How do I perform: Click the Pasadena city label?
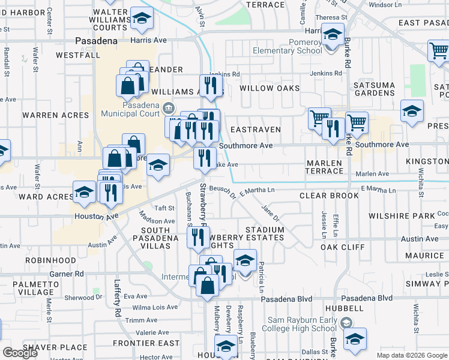[96, 41]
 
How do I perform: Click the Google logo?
[20, 353]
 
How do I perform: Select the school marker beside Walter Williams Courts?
[142, 20]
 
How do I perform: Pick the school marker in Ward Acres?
[85, 192]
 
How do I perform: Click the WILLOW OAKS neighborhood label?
[270, 88]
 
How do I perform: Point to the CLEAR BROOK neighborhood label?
[329, 196]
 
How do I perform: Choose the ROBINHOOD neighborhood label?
[50, 261]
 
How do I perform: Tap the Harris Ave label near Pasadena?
[148, 40]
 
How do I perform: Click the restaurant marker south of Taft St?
[197, 237]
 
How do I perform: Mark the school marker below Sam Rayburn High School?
[355, 339]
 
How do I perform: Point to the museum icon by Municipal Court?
[169, 109]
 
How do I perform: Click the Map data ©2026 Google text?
[411, 355]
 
